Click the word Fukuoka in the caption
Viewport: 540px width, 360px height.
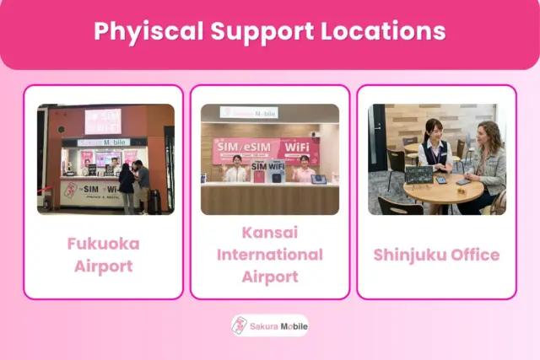tap(103, 244)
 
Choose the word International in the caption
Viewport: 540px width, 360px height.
tap(270, 254)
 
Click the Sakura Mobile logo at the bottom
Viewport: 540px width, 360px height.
tap(270, 325)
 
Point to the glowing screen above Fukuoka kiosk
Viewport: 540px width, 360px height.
tap(103, 121)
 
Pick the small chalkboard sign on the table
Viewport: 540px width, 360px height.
tap(418, 175)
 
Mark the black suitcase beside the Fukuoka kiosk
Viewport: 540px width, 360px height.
tap(154, 201)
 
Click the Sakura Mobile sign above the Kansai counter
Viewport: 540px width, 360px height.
tap(249, 112)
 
